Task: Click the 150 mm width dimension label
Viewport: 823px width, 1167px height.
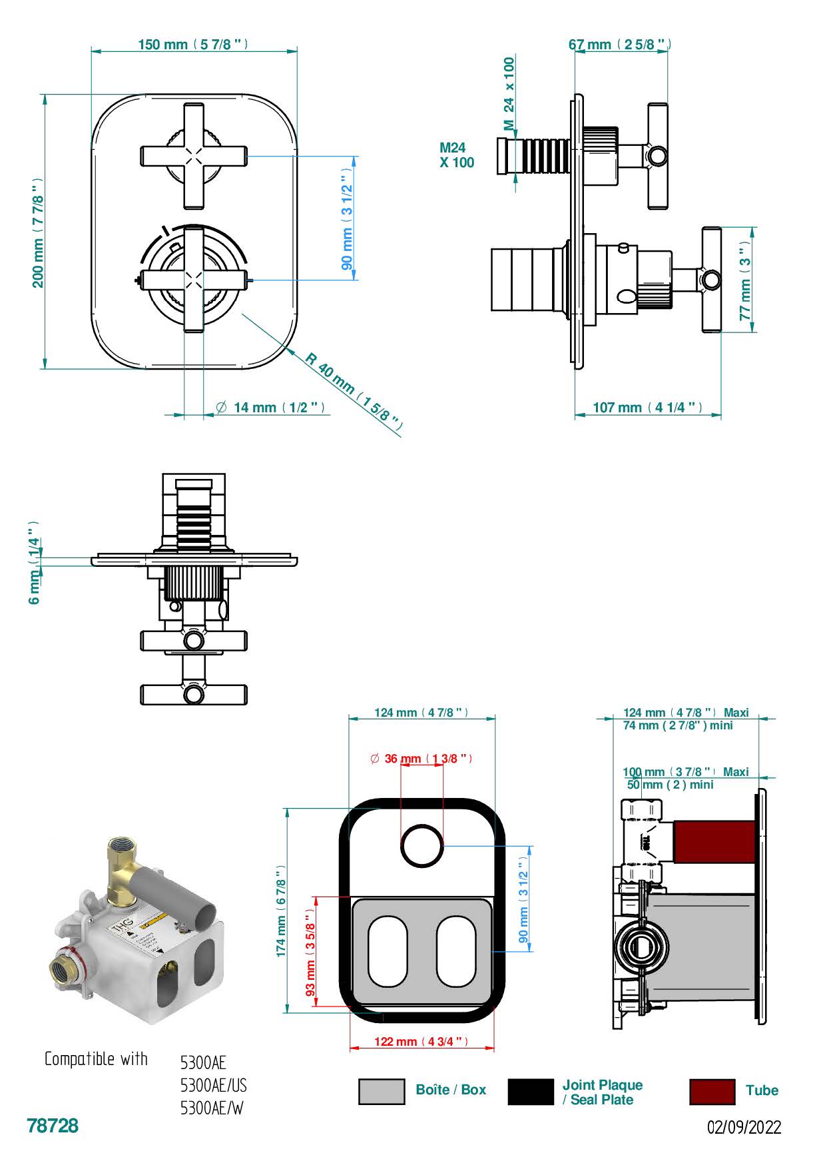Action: tap(193, 45)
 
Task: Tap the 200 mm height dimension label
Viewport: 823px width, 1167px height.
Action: tap(38, 232)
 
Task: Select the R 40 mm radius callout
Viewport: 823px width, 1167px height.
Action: tap(354, 390)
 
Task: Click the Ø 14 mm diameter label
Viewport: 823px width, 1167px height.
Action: tap(271, 408)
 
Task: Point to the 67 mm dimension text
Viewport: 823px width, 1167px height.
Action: tap(619, 45)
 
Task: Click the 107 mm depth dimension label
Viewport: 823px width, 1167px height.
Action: tap(647, 407)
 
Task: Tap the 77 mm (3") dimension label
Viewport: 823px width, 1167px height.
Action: tap(745, 279)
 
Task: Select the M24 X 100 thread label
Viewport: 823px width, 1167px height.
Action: tap(456, 155)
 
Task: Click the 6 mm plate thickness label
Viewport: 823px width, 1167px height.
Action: tap(34, 563)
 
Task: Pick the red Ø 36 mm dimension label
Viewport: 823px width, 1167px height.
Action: tap(421, 759)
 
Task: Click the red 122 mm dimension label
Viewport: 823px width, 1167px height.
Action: tap(421, 1042)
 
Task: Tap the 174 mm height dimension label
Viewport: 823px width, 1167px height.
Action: tap(282, 912)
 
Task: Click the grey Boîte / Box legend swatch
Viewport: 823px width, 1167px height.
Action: tap(382, 1091)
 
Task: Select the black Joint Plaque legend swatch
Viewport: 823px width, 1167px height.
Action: tap(531, 1091)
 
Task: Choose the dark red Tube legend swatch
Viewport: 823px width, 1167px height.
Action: tap(712, 1091)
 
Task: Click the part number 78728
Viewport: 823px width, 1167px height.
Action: tap(53, 1126)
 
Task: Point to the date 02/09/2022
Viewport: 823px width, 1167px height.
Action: tap(744, 1128)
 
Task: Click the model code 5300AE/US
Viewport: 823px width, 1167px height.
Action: tap(213, 1086)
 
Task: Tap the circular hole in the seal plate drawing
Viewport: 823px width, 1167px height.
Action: tap(422, 846)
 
